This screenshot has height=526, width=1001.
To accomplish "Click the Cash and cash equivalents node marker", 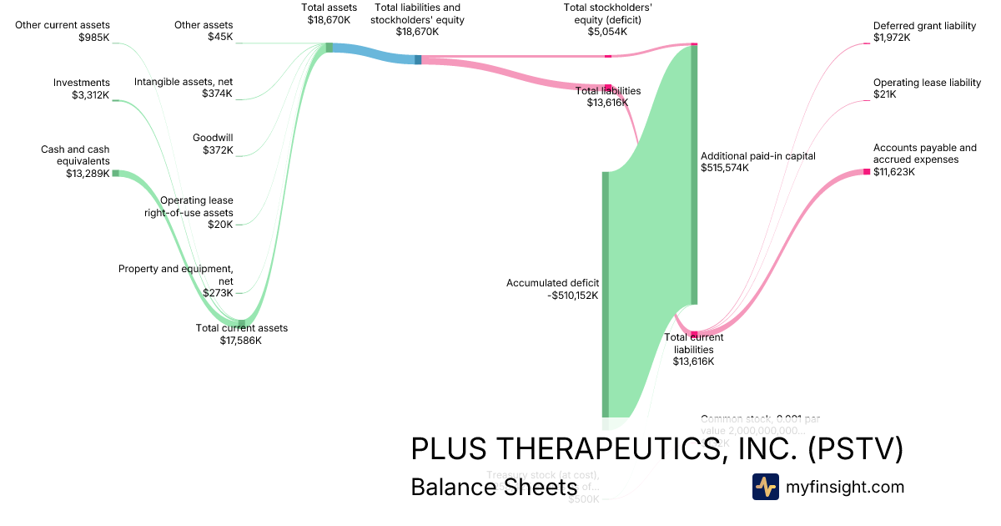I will [x=116, y=173].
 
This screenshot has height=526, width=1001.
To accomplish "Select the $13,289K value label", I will [x=88, y=174].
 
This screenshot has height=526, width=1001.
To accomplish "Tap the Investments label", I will [x=82, y=83].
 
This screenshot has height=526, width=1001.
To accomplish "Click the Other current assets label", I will [x=63, y=25].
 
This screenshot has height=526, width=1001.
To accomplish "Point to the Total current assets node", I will [x=242, y=323].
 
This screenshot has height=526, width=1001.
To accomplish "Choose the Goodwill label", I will [x=213, y=138].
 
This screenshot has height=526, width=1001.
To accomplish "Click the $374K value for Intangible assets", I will [x=218, y=94].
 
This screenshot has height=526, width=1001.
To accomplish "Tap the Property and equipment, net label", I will [x=176, y=275].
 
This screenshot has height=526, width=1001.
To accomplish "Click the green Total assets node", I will [x=329, y=48].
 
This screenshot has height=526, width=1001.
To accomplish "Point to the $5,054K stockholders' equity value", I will [x=607, y=32].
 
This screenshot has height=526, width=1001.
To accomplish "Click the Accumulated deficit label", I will [x=552, y=283].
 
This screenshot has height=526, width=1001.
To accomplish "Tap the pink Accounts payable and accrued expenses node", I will [x=867, y=172].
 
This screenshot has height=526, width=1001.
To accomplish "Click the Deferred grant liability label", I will [x=924, y=26].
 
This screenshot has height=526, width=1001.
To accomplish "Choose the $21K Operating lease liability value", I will [x=885, y=94].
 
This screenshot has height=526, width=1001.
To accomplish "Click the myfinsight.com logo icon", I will [x=766, y=487].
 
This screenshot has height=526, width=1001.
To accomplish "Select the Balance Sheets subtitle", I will [x=494, y=487].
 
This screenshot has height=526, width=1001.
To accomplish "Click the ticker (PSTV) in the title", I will [x=855, y=448].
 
